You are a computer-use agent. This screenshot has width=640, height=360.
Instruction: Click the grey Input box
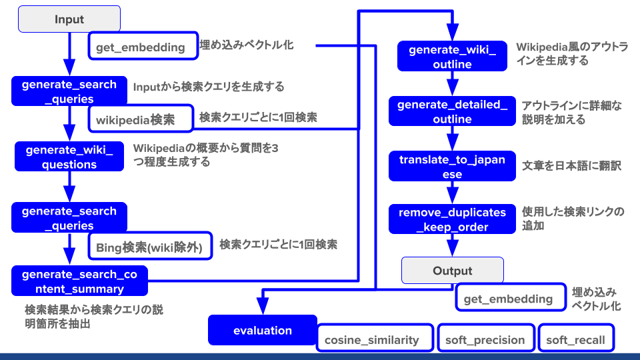point(69,19)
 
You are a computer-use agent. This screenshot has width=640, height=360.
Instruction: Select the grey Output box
point(452,271)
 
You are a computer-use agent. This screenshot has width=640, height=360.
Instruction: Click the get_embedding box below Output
point(508,299)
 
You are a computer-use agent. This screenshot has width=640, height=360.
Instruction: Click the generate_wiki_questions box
point(69,157)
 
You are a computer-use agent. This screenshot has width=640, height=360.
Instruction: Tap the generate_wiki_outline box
point(452,57)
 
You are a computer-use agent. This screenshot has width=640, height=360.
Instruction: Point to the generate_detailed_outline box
point(452,112)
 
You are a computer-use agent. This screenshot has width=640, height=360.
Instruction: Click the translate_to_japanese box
point(452,167)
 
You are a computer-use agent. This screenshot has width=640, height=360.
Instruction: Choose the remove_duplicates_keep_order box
point(452,220)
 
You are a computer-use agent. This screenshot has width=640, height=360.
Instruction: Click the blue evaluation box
point(263,331)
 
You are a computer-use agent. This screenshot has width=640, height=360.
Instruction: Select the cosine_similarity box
point(372,339)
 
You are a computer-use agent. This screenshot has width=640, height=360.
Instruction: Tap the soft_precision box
point(485,339)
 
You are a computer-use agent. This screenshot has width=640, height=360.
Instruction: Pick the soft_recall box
point(575,339)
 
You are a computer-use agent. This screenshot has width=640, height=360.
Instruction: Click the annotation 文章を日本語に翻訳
point(571,165)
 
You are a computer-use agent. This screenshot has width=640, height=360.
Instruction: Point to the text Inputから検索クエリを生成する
point(209,87)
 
